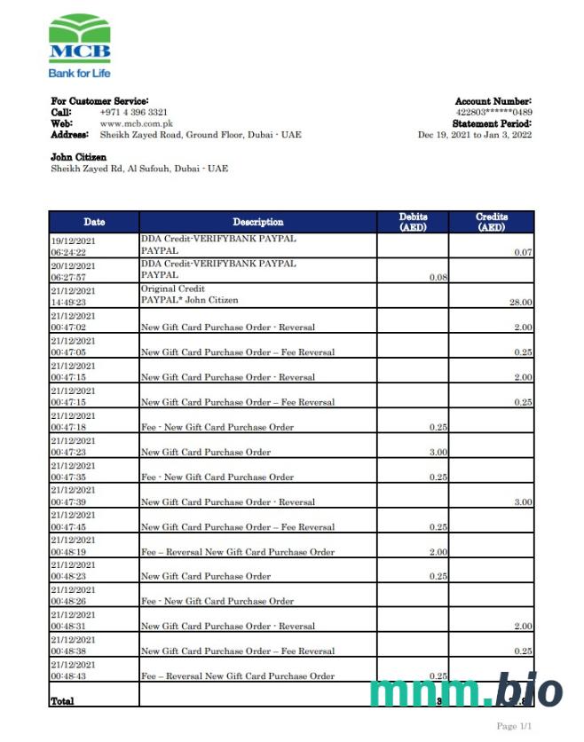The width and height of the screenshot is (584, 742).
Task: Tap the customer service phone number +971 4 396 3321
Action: tap(134, 113)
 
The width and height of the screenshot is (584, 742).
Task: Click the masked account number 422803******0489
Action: tap(493, 113)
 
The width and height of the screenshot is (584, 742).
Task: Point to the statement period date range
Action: tap(475, 135)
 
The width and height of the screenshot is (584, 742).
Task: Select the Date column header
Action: tap(94, 222)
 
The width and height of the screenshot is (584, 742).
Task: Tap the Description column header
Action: tap(258, 222)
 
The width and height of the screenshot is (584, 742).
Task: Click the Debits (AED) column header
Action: tap(413, 222)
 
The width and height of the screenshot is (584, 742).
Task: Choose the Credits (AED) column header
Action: tap(491, 222)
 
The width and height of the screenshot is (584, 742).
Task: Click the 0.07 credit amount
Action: tap(523, 253)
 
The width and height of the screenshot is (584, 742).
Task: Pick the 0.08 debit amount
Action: tap(438, 278)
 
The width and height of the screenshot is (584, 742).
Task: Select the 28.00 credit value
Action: tap(520, 303)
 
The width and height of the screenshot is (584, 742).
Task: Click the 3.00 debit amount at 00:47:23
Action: tap(437, 452)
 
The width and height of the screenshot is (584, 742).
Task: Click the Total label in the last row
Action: tap(63, 700)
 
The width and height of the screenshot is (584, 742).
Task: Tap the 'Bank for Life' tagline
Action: tap(80, 73)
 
